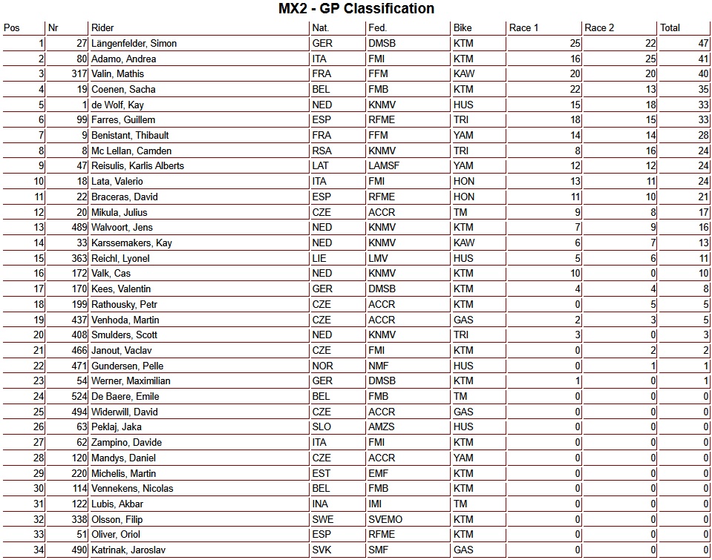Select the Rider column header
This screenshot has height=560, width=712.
[x=102, y=28]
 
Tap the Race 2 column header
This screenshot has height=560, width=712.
[x=599, y=28]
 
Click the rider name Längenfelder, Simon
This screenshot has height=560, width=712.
[x=134, y=44]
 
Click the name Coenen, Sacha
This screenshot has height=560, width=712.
[x=123, y=90]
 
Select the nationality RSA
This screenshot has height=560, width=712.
[x=322, y=151]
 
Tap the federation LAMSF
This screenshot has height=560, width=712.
[x=384, y=166]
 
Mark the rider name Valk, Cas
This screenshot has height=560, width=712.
[x=111, y=274]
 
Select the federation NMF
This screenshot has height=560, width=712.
[x=379, y=366]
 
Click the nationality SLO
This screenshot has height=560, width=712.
[x=322, y=427]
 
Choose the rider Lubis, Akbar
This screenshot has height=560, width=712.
[x=117, y=504]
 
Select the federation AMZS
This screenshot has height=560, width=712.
[x=382, y=427]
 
